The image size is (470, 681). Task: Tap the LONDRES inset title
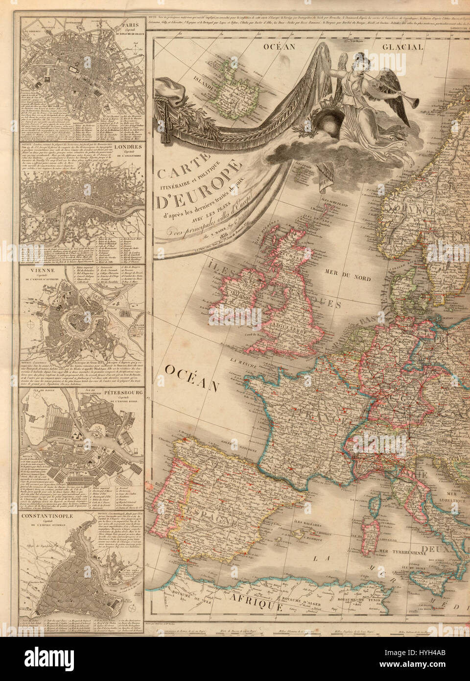point(129,146)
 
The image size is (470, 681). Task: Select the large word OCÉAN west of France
point(191,377)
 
